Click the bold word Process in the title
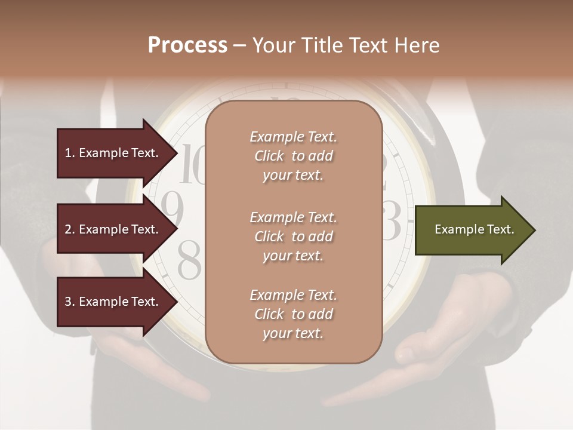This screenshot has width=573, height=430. (187, 45)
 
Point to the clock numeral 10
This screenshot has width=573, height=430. (192, 164)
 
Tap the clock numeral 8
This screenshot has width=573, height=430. (190, 260)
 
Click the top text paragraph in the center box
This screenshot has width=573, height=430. (293, 156)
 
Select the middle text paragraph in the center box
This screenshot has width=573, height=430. (293, 236)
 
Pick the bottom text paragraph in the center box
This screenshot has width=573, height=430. (293, 314)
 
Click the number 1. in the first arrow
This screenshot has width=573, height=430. (70, 153)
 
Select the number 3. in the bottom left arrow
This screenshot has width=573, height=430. (70, 302)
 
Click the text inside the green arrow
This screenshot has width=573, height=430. (475, 229)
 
